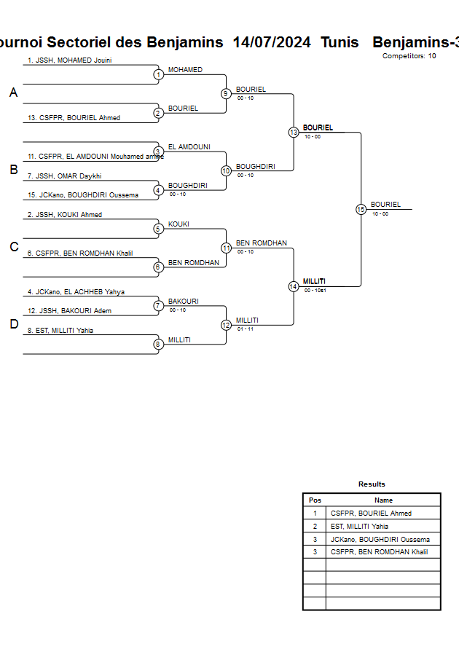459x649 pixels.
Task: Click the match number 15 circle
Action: pyautogui.click(x=361, y=209)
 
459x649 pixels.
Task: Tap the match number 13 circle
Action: pyautogui.click(x=294, y=133)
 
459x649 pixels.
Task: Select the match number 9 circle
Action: pyautogui.click(x=226, y=93)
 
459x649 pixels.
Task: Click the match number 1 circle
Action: pyautogui.click(x=158, y=74)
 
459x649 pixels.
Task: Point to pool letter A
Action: pyautogui.click(x=13, y=93)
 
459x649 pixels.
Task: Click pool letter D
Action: pyautogui.click(x=13, y=324)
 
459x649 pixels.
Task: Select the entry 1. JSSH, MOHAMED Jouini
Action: pyautogui.click(x=69, y=60)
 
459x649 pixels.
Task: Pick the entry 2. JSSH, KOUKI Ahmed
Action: pyautogui.click(x=64, y=215)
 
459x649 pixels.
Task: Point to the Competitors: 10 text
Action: pyautogui.click(x=409, y=56)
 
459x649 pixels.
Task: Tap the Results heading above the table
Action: pyautogui.click(x=372, y=484)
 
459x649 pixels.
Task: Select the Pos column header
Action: pyautogui.click(x=315, y=500)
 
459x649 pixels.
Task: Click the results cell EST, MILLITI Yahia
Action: pyautogui.click(x=359, y=526)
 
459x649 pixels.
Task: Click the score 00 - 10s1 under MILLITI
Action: pyautogui.click(x=315, y=290)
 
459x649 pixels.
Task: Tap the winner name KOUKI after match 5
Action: pyautogui.click(x=178, y=224)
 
